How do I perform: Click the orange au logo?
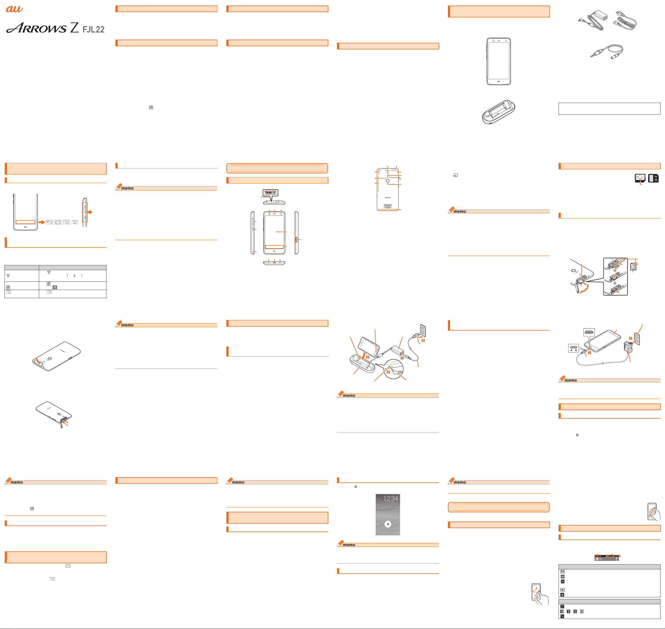[15, 9]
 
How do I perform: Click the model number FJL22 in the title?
[93, 30]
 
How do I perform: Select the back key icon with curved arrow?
[49, 222]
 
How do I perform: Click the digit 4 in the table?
[74, 276]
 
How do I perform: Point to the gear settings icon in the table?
[55, 287]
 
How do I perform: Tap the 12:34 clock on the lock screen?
[391, 499]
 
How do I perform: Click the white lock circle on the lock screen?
[388, 524]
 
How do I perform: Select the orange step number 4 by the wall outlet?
[423, 340]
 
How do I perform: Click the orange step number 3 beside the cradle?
[367, 357]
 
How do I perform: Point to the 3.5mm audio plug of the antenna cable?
[596, 54]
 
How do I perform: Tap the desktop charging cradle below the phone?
[499, 112]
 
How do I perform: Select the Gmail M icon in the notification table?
[562, 572]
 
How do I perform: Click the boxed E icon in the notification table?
[562, 590]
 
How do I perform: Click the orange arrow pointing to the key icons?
[41, 222]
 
